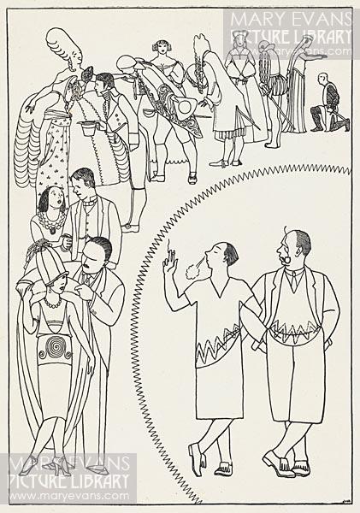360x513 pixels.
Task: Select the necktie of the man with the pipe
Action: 296,279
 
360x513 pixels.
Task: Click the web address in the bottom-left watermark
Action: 69,495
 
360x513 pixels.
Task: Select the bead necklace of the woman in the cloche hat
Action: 51,302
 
